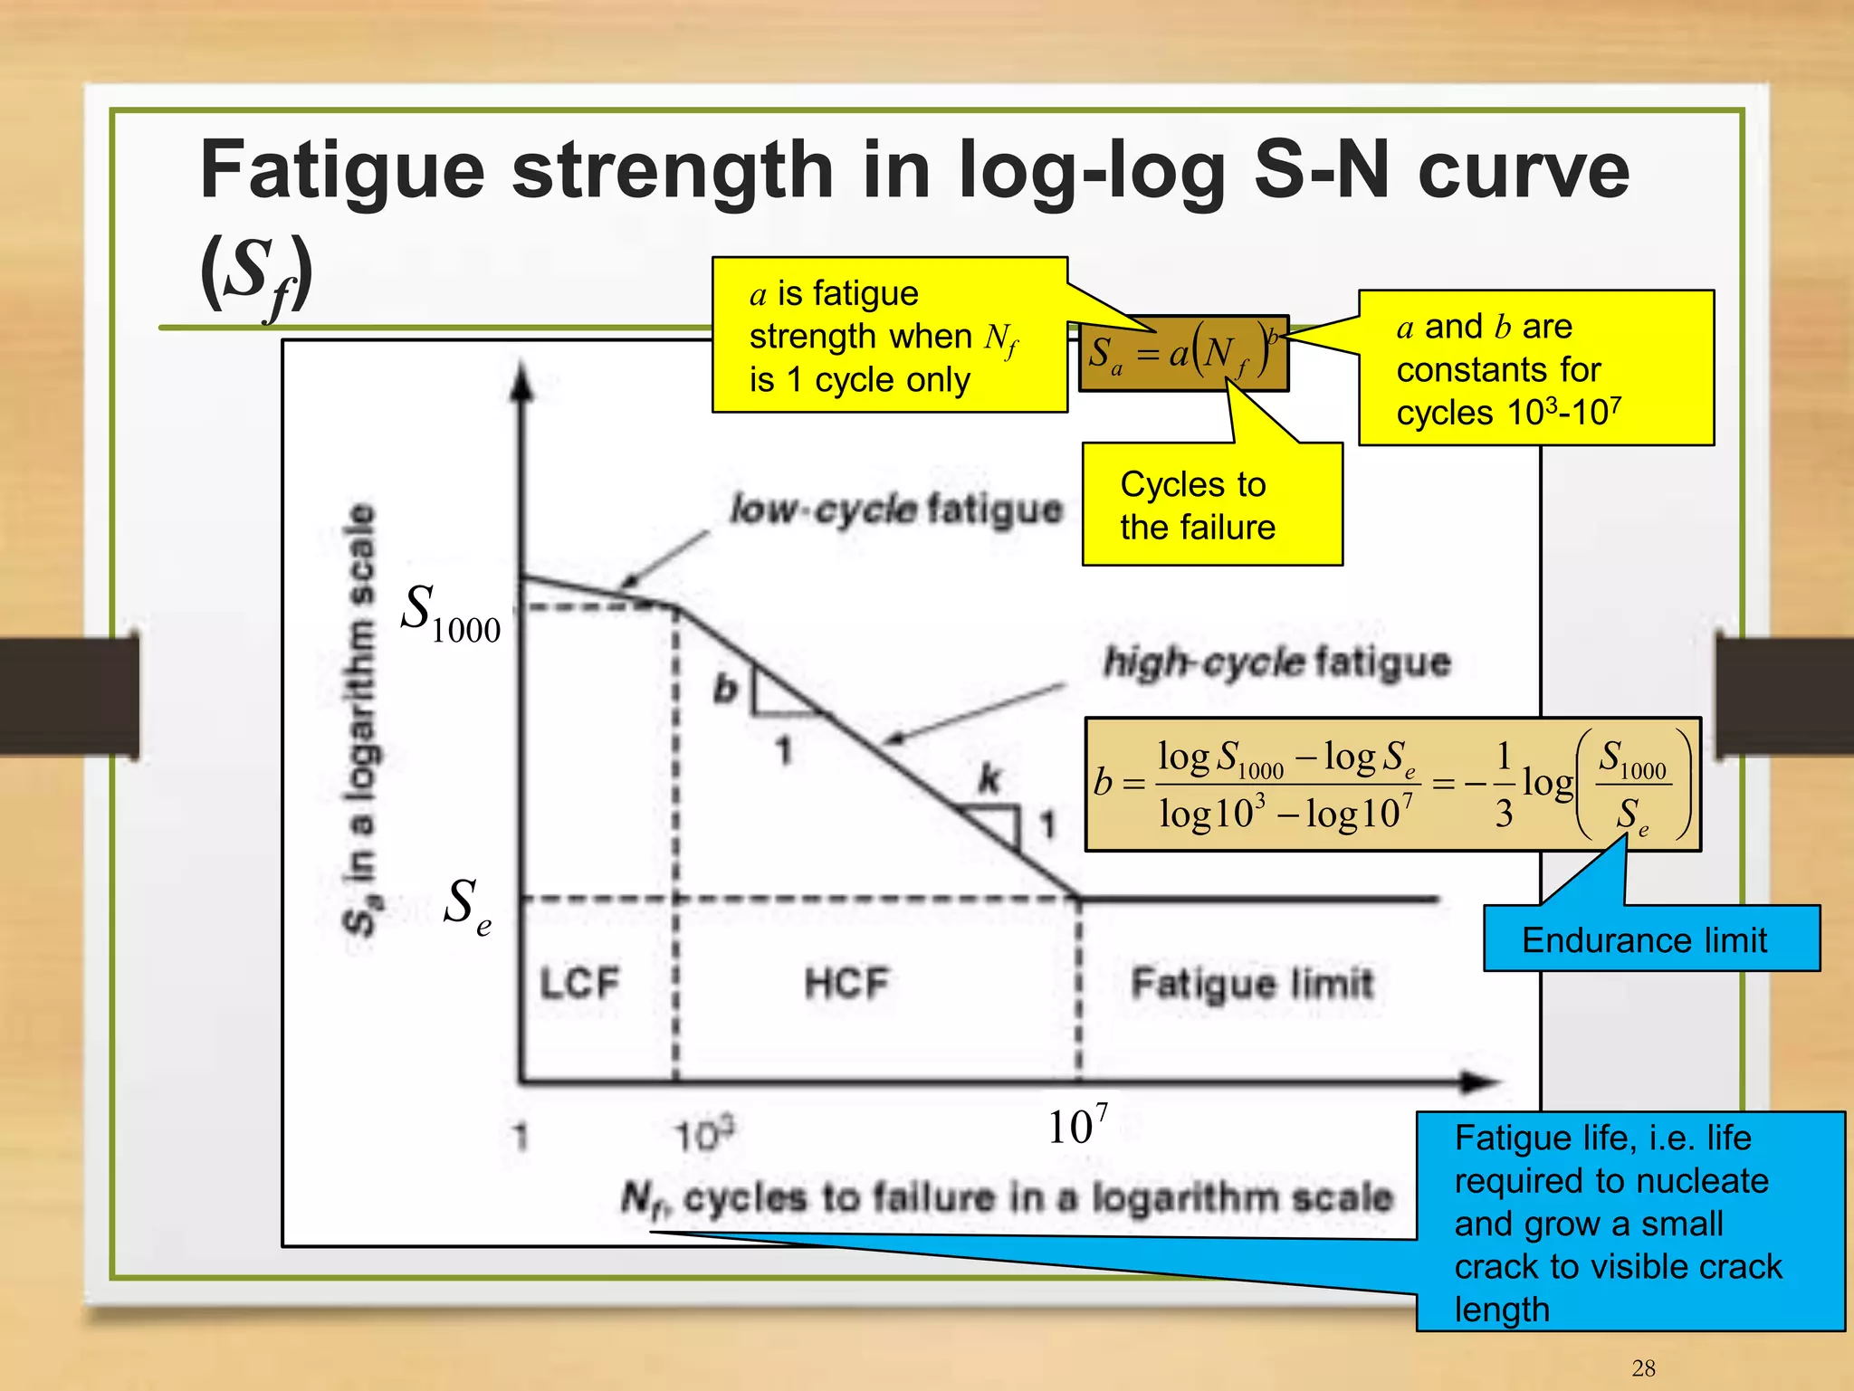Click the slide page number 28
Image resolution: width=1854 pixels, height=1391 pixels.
click(1643, 1367)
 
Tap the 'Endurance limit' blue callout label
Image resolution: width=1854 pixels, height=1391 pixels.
click(1644, 940)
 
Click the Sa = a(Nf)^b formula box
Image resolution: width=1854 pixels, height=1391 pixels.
click(1182, 353)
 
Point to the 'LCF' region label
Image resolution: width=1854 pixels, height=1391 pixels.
click(579, 983)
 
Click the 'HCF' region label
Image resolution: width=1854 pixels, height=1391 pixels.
click(847, 983)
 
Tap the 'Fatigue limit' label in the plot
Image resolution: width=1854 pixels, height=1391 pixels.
click(1252, 983)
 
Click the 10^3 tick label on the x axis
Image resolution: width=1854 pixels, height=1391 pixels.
click(704, 1135)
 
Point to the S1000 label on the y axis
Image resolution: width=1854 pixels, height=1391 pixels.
click(450, 615)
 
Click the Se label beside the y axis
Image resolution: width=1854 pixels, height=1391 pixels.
click(467, 907)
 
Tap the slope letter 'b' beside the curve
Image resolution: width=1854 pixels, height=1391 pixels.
click(725, 690)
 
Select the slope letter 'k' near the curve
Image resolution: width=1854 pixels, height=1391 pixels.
click(989, 777)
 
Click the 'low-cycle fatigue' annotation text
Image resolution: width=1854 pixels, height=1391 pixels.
click(896, 510)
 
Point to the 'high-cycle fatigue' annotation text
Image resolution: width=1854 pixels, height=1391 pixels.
click(1276, 662)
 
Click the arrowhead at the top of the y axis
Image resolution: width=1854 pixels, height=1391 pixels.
click(521, 382)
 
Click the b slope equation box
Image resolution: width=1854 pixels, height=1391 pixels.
click(1392, 785)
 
